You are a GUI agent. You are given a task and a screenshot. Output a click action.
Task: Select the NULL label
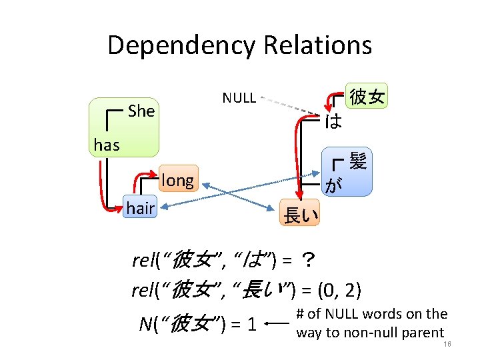tap(239, 98)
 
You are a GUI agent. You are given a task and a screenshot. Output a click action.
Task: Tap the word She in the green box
tap(141, 111)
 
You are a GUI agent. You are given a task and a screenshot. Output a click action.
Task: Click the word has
tap(107, 145)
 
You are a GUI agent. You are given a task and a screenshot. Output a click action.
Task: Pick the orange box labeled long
tap(177, 180)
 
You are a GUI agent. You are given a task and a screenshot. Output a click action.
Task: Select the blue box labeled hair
tap(140, 209)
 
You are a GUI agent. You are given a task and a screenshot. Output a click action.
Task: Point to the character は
tap(333, 121)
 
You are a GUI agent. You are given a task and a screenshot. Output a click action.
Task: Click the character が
tap(333, 185)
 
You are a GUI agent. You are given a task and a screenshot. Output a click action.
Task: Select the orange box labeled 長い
tap(301, 215)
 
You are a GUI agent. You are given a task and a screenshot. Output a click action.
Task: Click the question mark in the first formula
tap(308, 259)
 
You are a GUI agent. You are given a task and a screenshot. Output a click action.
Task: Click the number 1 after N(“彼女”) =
tap(251, 325)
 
